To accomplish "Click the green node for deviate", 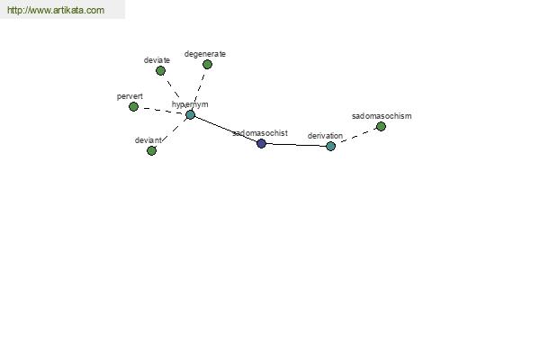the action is pos(160,70).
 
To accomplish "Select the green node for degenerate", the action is pos(207,65).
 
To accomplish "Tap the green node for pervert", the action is pos(133,107).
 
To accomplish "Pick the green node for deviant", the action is pos(151,150).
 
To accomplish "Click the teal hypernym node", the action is pos(191,114).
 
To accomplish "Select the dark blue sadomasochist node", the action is pos(261,143).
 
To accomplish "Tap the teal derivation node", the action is pos(330,146).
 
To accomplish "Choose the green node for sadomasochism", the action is pos(381,126).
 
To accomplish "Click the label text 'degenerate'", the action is pos(205,54).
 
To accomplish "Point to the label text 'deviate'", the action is pos(157,60).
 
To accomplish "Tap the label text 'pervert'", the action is pos(130,96).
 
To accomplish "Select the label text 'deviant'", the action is pos(148,140).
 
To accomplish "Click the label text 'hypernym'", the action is pos(190,104).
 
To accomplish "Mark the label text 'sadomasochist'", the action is pos(260,133).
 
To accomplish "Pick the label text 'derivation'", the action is pos(325,136).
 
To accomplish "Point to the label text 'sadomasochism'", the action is pos(382,116).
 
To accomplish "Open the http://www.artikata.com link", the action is pos(56,10).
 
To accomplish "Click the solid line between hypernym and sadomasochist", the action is pos(226,130).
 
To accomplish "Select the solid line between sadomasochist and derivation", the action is pos(296,145).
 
